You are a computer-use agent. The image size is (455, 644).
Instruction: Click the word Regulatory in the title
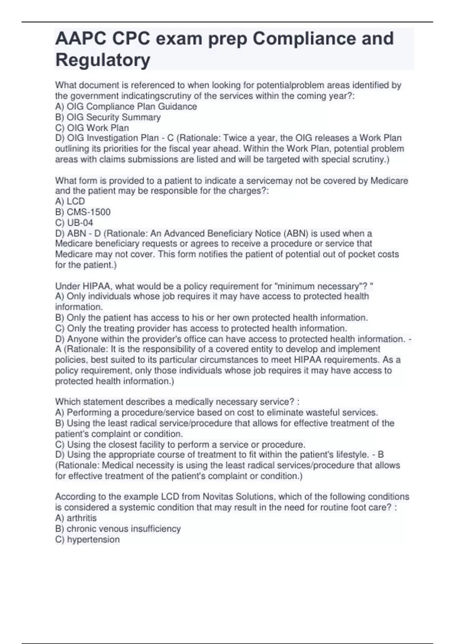coord(103,60)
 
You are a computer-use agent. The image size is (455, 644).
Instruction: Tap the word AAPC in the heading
coord(76,39)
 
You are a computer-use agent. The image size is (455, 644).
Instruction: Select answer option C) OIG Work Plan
coord(92,128)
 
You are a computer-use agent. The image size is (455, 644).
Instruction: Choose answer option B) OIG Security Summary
coord(108,117)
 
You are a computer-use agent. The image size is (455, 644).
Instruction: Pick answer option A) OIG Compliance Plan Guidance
coord(126,107)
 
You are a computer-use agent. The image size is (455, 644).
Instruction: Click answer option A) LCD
coord(70,202)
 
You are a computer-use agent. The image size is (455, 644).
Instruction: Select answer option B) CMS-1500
coord(83,212)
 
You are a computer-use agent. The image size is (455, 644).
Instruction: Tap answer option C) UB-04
coord(74,223)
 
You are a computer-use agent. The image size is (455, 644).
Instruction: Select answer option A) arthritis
coord(76,518)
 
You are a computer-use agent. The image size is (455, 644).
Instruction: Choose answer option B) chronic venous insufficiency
coord(118,528)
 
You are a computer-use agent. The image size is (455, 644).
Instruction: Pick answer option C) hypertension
coord(87,539)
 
